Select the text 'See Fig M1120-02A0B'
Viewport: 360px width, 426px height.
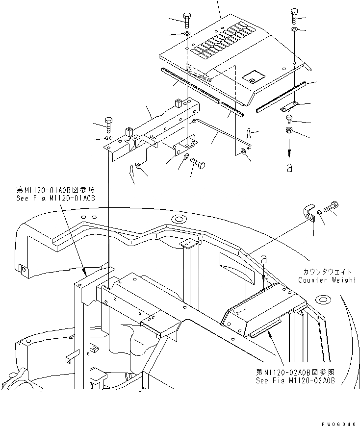click(x=295, y=380)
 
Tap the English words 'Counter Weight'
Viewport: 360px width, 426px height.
click(x=326, y=280)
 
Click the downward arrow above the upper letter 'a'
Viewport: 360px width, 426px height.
click(x=289, y=146)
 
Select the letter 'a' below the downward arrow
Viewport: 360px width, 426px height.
click(x=289, y=168)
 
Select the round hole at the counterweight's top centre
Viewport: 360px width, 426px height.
click(x=178, y=218)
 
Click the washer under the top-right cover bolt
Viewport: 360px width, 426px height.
click(x=294, y=30)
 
